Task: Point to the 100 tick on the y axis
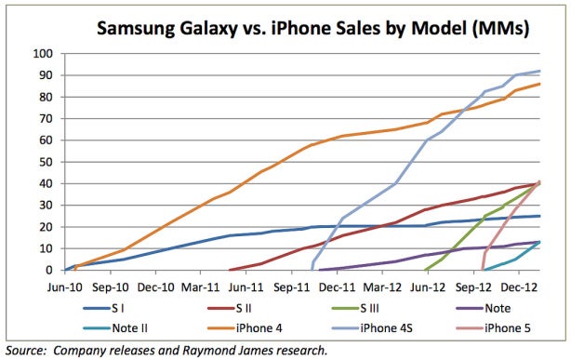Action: click(x=42, y=53)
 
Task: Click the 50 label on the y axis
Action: click(x=45, y=162)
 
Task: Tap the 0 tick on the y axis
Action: click(x=48, y=271)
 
